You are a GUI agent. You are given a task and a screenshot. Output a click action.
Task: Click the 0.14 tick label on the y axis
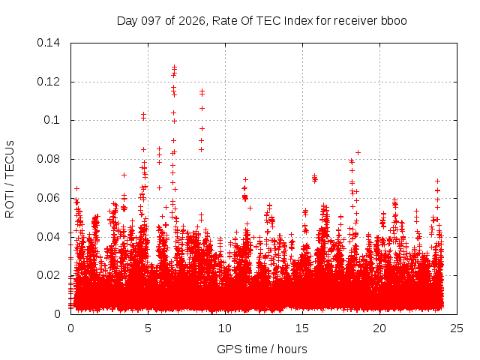tap(48, 43)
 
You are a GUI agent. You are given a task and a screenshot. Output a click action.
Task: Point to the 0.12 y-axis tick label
tap(48, 82)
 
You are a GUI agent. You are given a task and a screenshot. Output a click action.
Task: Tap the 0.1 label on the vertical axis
tap(52, 120)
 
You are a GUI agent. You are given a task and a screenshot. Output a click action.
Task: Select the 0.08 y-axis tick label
tap(48, 159)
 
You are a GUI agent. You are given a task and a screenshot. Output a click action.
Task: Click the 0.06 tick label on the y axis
tap(48, 198)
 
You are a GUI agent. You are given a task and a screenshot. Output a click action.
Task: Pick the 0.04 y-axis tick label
tap(48, 237)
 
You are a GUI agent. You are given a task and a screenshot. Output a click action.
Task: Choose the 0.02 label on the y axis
tap(48, 275)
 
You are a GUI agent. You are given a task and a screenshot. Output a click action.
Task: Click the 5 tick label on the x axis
tap(148, 328)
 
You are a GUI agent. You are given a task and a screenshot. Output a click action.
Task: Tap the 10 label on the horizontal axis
tap(225, 328)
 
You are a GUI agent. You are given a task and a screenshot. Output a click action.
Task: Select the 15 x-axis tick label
tap(302, 328)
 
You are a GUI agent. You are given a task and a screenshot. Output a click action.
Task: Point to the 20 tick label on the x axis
tap(379, 328)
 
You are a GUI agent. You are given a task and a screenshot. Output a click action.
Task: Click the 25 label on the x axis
tap(457, 328)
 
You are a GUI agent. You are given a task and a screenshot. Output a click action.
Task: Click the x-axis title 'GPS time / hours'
tap(262, 349)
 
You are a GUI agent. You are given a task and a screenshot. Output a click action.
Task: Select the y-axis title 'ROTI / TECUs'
tap(10, 179)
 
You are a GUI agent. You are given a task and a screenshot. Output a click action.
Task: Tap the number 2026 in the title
tap(192, 21)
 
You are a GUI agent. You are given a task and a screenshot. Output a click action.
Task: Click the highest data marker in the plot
tap(174, 67)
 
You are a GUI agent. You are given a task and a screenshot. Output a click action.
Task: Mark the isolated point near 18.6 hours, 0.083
tap(358, 152)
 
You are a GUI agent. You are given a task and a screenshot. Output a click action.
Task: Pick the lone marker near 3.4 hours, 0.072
tap(124, 175)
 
